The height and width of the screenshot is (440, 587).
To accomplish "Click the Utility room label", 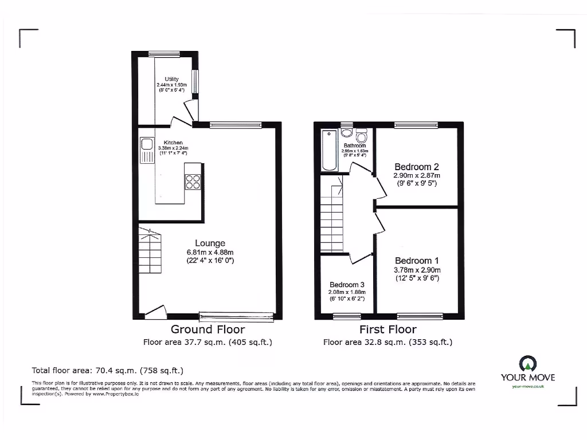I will point(171,79).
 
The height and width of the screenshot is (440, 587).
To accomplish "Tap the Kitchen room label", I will point(173,143).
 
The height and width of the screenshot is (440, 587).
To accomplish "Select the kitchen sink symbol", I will point(146,151).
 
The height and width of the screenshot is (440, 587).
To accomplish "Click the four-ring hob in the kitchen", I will point(192,181).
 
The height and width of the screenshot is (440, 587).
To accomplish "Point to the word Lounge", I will point(209,243).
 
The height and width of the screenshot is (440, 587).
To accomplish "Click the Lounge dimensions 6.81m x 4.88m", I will point(210,252).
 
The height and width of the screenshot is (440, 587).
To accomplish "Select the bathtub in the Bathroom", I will point(330,151).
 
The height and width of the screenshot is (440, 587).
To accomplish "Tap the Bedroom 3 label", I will point(347,285).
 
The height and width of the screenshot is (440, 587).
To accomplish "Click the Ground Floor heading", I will point(208,329).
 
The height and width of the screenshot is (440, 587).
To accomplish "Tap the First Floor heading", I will point(388,329).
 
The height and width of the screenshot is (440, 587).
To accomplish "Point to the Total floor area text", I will point(107,371).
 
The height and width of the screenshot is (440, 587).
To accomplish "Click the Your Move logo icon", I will point(527,363).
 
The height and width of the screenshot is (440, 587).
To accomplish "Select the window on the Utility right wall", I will point(195,81).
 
